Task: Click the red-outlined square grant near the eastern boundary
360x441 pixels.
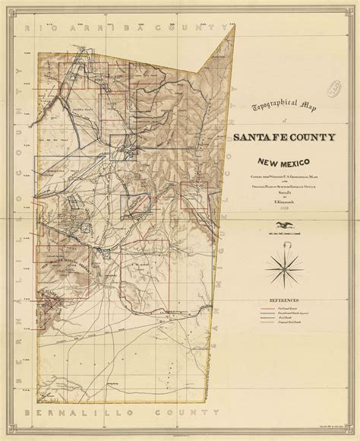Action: click(198, 195)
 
